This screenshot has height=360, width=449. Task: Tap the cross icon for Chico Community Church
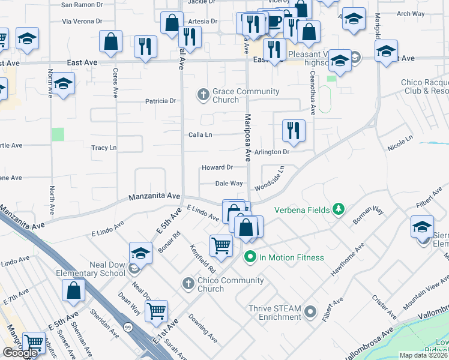tap(188, 283)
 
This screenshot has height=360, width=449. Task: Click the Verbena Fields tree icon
tap(339, 209)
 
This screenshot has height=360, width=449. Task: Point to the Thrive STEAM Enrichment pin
tap(310, 311)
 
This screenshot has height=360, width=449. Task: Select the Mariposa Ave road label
tap(247, 137)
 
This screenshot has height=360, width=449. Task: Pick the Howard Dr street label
tap(217, 167)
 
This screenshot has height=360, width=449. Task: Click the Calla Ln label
tap(200, 135)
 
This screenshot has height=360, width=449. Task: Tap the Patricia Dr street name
tap(160, 101)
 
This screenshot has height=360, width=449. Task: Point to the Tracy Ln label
tap(103, 148)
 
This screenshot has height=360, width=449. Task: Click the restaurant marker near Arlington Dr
tap(294, 131)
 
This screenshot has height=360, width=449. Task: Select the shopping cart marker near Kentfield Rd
tap(221, 245)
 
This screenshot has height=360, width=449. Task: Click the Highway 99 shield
tap(128, 326)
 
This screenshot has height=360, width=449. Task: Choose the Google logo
tap(20, 353)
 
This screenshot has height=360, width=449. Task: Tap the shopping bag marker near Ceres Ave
tap(110, 42)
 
